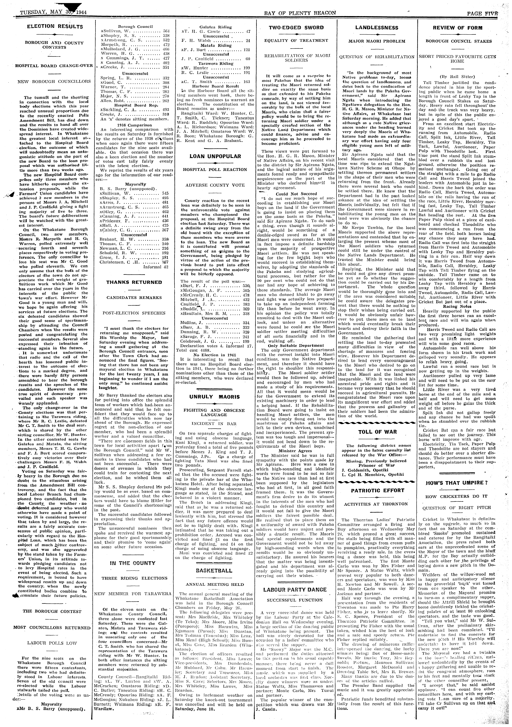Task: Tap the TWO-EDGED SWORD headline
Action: (x=296, y=28)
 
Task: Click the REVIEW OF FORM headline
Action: (x=458, y=28)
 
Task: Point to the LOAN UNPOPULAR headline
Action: (x=215, y=156)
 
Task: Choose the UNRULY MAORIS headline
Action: (x=215, y=397)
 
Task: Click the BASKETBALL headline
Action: (x=215, y=571)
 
